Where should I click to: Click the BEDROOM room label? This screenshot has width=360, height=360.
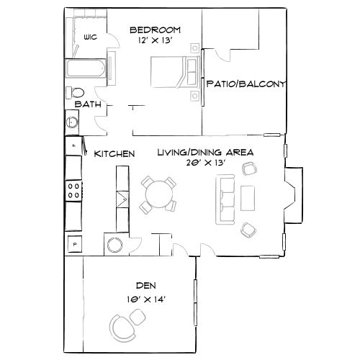pos(155,30)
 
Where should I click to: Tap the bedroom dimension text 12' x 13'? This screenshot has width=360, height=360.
pos(154,42)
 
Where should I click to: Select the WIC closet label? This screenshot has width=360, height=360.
pos(91,37)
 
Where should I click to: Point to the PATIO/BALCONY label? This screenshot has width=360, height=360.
pos(246,84)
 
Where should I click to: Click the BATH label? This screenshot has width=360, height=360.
pos(88,104)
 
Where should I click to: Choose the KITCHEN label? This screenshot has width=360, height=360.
pos(114,153)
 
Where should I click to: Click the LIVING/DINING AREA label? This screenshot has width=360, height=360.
pos(205,153)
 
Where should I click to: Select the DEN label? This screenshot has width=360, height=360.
pos(145,285)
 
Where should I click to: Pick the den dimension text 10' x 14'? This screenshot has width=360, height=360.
pos(145,298)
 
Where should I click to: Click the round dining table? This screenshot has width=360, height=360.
pos(158,193)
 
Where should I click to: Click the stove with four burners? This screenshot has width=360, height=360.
pos(73,190)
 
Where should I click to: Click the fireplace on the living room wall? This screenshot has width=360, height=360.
pos(294,194)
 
